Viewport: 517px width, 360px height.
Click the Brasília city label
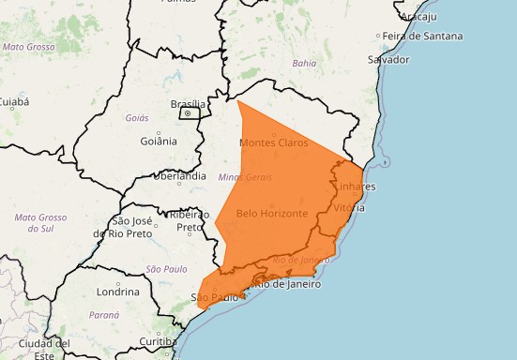pyautogui.click(x=188, y=104)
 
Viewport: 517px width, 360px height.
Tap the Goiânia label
pyautogui.click(x=159, y=141)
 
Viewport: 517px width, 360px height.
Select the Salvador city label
pyautogui.click(x=389, y=59)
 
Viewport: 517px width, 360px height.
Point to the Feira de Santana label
pyautogui.click(x=423, y=36)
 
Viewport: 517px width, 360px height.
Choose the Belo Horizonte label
pyautogui.click(x=272, y=213)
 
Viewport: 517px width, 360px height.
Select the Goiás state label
pyautogui.click(x=137, y=118)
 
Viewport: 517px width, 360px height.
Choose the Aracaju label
pyautogui.click(x=419, y=16)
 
